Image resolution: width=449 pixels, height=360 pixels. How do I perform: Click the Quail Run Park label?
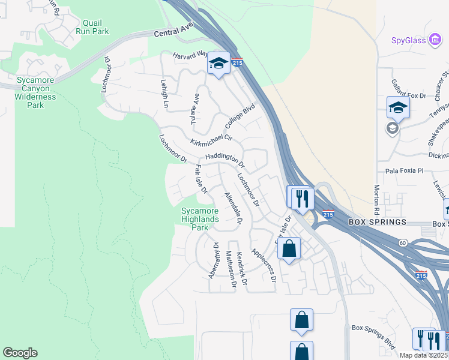[x=92, y=26]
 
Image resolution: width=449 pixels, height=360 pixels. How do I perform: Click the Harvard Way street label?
[x=190, y=55]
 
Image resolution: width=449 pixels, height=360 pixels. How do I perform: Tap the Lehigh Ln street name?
[x=164, y=94]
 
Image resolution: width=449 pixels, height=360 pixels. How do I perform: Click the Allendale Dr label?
[x=232, y=209]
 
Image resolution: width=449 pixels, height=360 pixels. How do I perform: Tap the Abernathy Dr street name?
[x=213, y=260]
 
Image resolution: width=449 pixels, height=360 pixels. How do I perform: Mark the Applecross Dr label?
[x=264, y=265]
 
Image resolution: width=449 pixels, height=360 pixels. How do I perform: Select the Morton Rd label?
[x=376, y=199]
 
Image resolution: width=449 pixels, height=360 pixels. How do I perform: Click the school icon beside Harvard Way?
[x=218, y=64]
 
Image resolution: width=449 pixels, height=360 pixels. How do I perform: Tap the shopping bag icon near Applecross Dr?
[x=289, y=248]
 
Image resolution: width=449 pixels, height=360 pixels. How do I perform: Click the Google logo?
[x=20, y=353]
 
